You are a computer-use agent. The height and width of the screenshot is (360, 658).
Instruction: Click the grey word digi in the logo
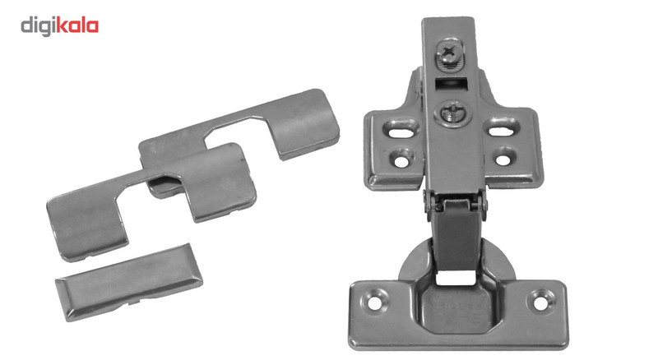[x=38, y=27]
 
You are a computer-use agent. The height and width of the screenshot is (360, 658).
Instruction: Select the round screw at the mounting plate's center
[x=453, y=113]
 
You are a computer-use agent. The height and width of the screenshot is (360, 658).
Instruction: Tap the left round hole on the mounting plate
[x=401, y=159]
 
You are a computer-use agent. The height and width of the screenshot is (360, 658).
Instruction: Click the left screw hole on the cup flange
[x=375, y=301]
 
